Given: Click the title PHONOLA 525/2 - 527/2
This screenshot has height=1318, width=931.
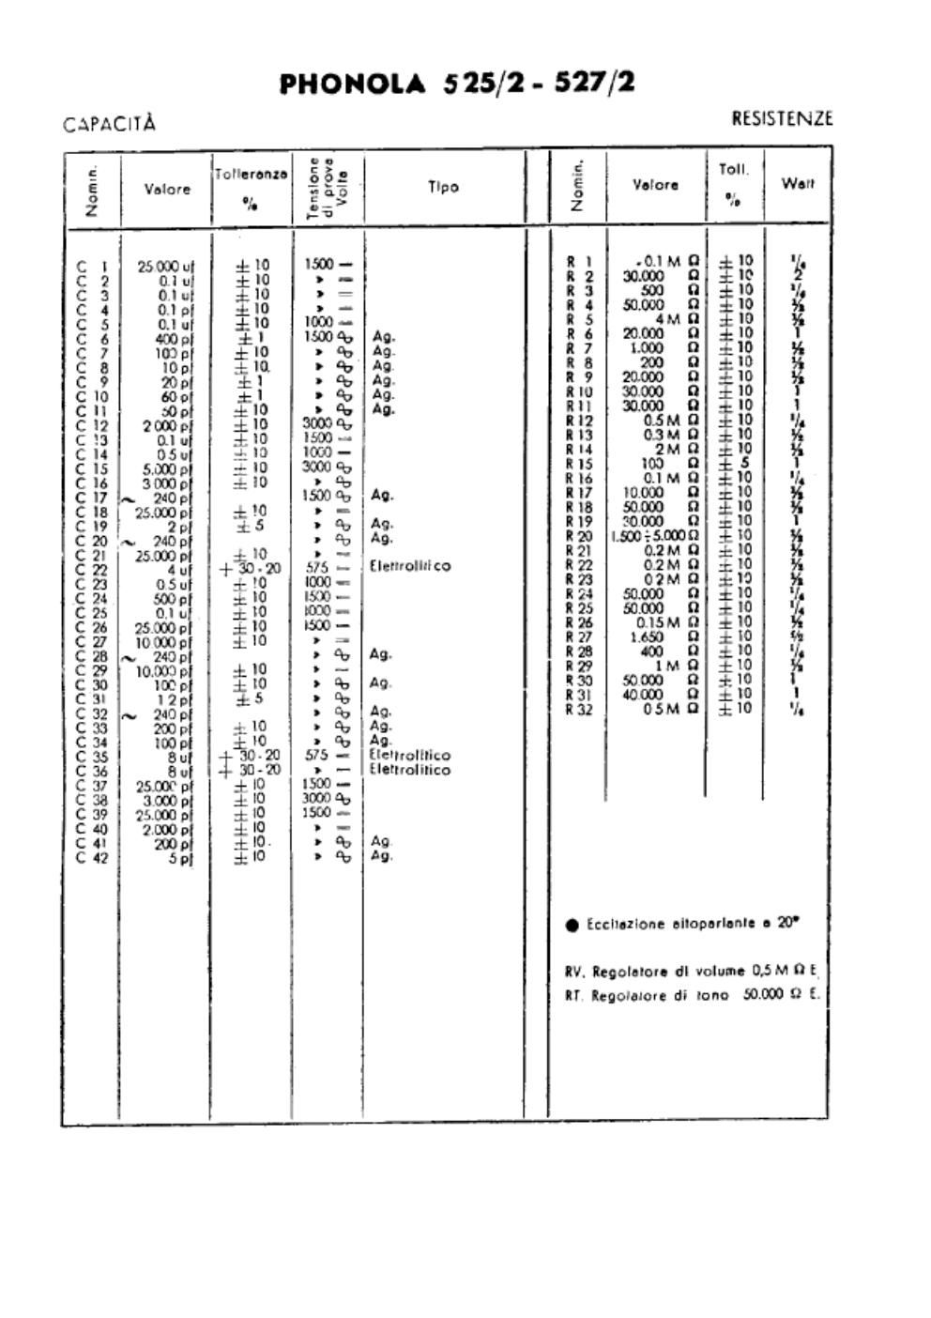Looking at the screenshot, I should [x=457, y=84].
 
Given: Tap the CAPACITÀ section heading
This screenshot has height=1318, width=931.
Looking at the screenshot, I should [x=109, y=124].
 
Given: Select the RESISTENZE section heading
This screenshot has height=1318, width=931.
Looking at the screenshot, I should [x=781, y=118].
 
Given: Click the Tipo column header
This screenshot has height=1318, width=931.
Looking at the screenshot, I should [x=443, y=187].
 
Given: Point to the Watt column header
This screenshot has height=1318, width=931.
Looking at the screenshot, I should [x=797, y=183].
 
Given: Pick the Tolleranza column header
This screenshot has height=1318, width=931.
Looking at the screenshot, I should [x=251, y=175].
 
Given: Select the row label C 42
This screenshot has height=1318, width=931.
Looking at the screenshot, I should [x=92, y=856].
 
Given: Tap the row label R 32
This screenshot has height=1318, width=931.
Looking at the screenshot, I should [x=580, y=709].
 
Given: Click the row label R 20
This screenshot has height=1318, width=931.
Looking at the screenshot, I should [x=580, y=535].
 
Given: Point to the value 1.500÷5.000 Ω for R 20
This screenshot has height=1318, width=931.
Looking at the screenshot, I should [x=654, y=535].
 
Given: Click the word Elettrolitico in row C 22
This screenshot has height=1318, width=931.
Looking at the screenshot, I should [x=410, y=566].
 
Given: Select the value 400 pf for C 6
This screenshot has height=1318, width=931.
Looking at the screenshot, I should [x=174, y=338].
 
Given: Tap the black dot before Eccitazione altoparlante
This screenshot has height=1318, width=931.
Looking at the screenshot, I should [x=572, y=925].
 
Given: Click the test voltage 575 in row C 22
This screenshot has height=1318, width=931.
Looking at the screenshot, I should [x=316, y=567].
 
